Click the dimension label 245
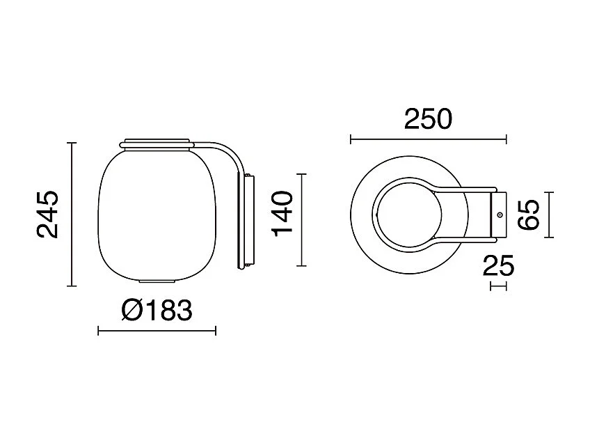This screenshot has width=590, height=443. [48, 215]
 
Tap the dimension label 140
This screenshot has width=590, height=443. [282, 214]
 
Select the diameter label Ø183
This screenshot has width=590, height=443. [157, 311]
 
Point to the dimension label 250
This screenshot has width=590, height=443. [428, 119]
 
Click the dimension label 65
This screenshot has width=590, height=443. [528, 215]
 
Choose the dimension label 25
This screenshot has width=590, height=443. [498, 265]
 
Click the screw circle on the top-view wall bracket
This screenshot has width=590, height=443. [500, 215]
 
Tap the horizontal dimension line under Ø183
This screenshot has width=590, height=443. [157, 331]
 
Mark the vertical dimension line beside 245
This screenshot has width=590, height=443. [72, 215]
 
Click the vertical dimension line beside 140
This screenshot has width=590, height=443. [301, 220]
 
